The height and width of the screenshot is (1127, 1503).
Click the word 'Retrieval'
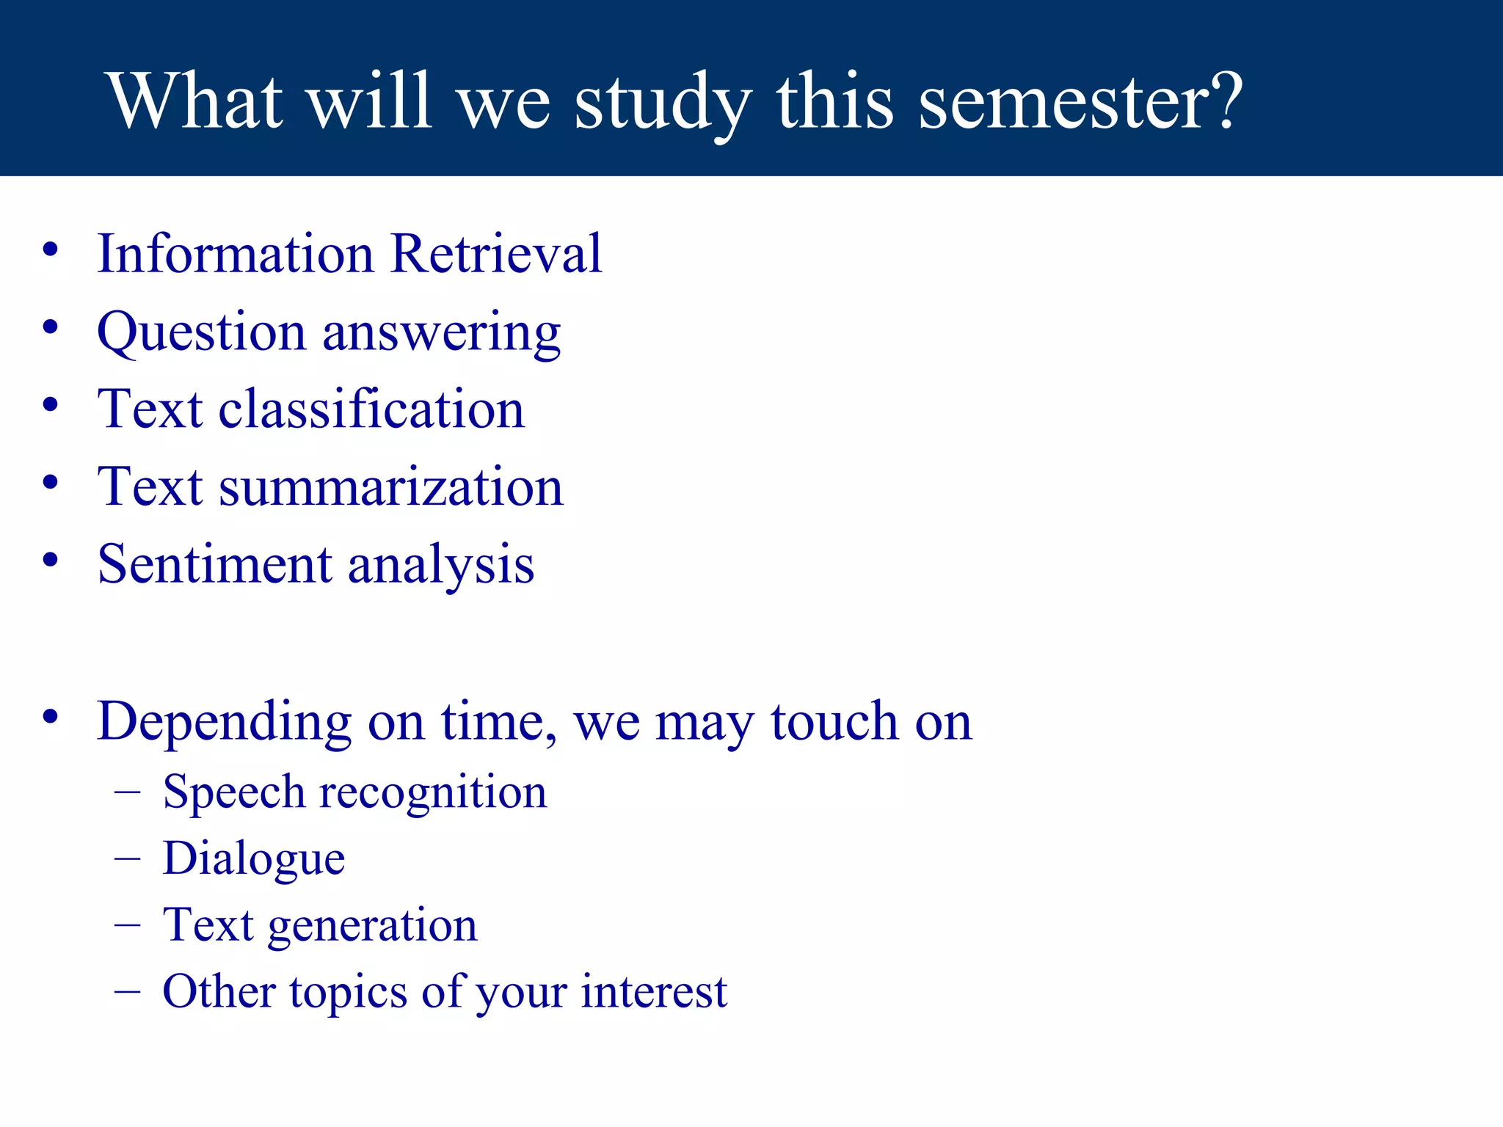click(x=496, y=254)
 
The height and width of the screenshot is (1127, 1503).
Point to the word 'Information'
click(x=236, y=254)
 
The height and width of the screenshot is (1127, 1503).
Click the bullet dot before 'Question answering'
click(x=50, y=328)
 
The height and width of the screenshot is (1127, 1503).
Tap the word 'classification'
click(x=371, y=409)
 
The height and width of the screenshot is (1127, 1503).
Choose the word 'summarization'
click(x=391, y=488)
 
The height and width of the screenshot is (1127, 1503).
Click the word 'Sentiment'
click(x=215, y=565)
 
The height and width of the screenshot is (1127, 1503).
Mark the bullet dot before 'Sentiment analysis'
click(x=50, y=561)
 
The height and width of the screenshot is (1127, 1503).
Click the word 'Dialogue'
click(x=254, y=859)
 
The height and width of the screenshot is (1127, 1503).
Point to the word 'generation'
click(x=373, y=926)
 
